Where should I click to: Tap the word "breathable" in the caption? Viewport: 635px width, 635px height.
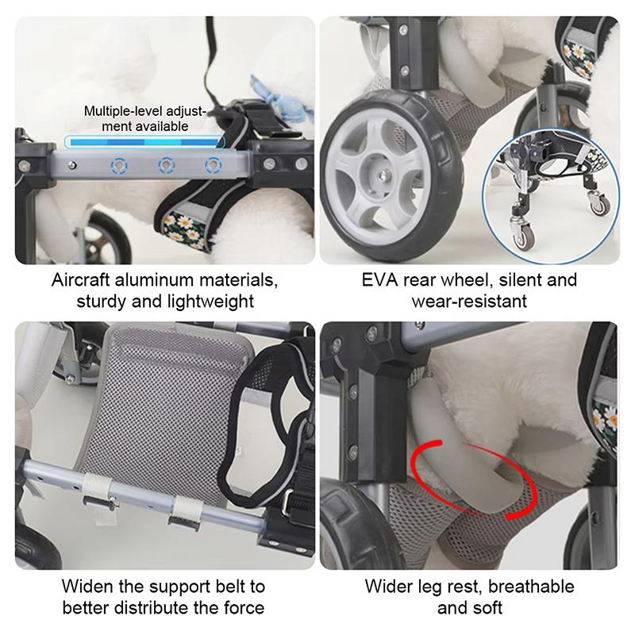point(531,587)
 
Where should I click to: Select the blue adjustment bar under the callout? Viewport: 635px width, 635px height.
point(143,143)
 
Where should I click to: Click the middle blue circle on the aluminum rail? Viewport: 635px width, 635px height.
point(166,166)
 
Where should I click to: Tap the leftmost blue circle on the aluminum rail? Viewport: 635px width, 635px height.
point(120,166)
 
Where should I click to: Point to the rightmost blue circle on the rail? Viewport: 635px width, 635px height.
point(212,166)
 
